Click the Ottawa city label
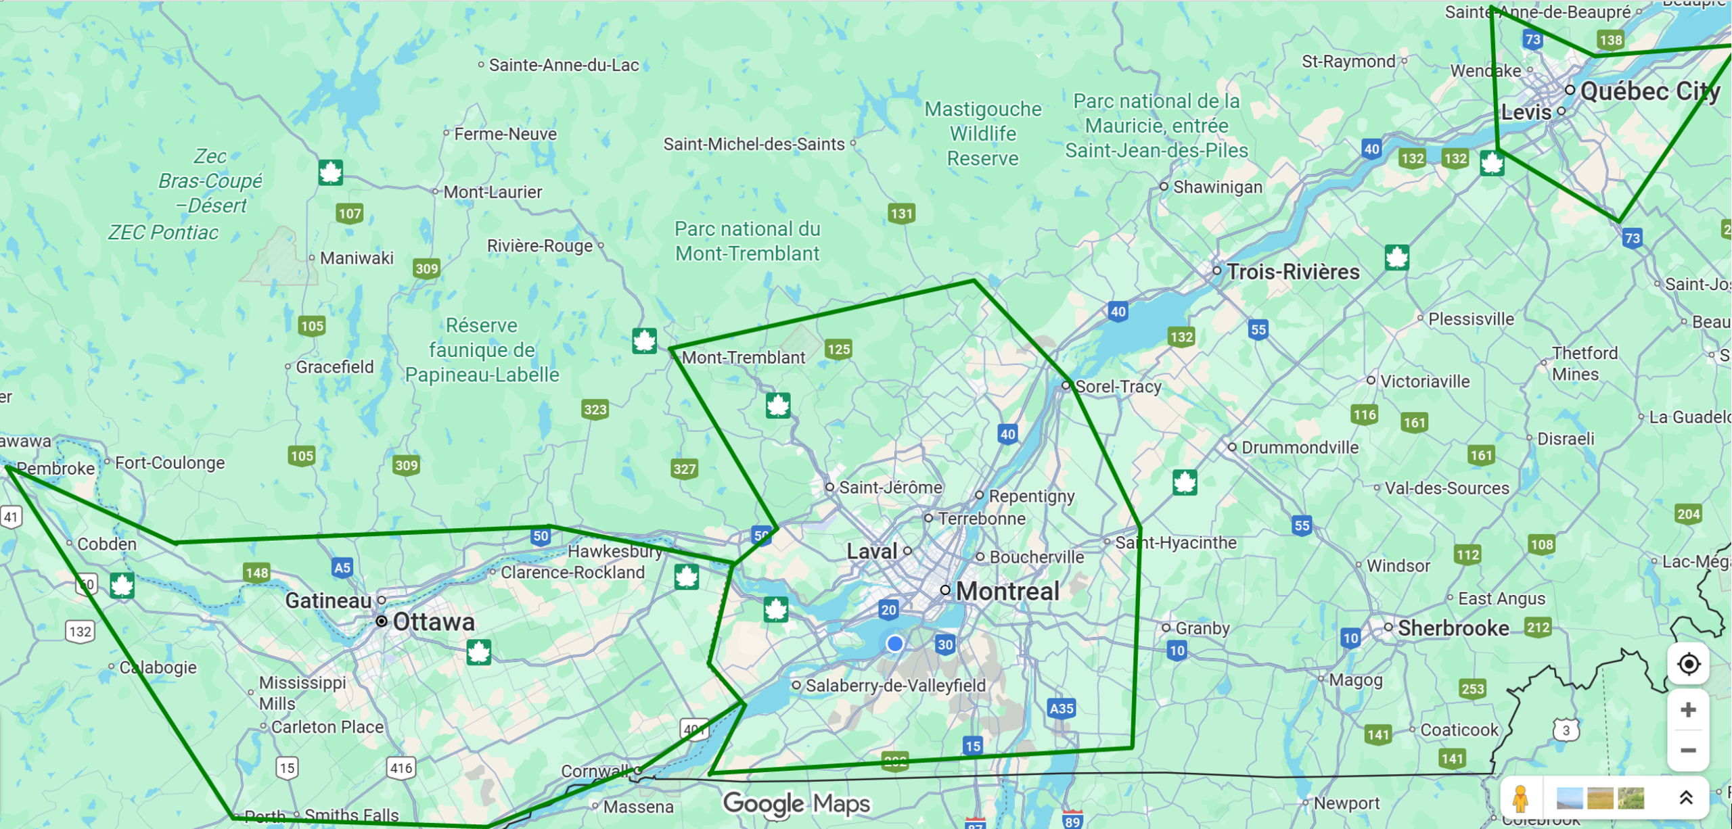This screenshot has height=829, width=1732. point(433,622)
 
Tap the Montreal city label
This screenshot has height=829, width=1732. point(1007,592)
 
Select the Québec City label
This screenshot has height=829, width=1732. point(1649,91)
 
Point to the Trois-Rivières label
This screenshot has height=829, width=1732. point(1292,272)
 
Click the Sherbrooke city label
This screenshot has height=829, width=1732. point(1453,628)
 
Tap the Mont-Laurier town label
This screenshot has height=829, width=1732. point(492,192)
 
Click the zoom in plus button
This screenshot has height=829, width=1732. point(1688,710)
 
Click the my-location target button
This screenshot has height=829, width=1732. point(1688,664)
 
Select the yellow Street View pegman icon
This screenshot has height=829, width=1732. point(1520,799)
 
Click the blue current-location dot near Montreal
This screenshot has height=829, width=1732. point(894,643)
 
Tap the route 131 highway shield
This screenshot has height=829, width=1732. point(901,214)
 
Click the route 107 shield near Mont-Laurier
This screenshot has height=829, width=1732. point(350,214)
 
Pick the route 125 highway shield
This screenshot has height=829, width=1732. point(838,349)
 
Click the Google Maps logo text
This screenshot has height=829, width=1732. point(796,803)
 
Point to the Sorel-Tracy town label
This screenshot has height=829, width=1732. point(1118,387)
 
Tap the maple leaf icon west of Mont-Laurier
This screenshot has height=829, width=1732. point(330,173)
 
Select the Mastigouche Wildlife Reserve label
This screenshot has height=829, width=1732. point(982,133)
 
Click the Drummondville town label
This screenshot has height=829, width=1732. point(1299,448)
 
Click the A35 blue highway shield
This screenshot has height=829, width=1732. point(1061,709)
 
